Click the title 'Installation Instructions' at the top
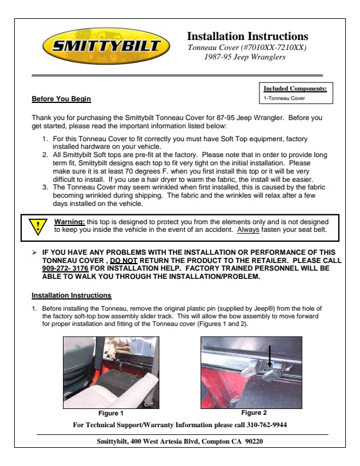[247, 36]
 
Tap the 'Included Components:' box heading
[295, 89]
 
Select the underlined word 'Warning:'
[69, 222]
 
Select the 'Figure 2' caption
[254, 413]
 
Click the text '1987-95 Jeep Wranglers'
[244, 57]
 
